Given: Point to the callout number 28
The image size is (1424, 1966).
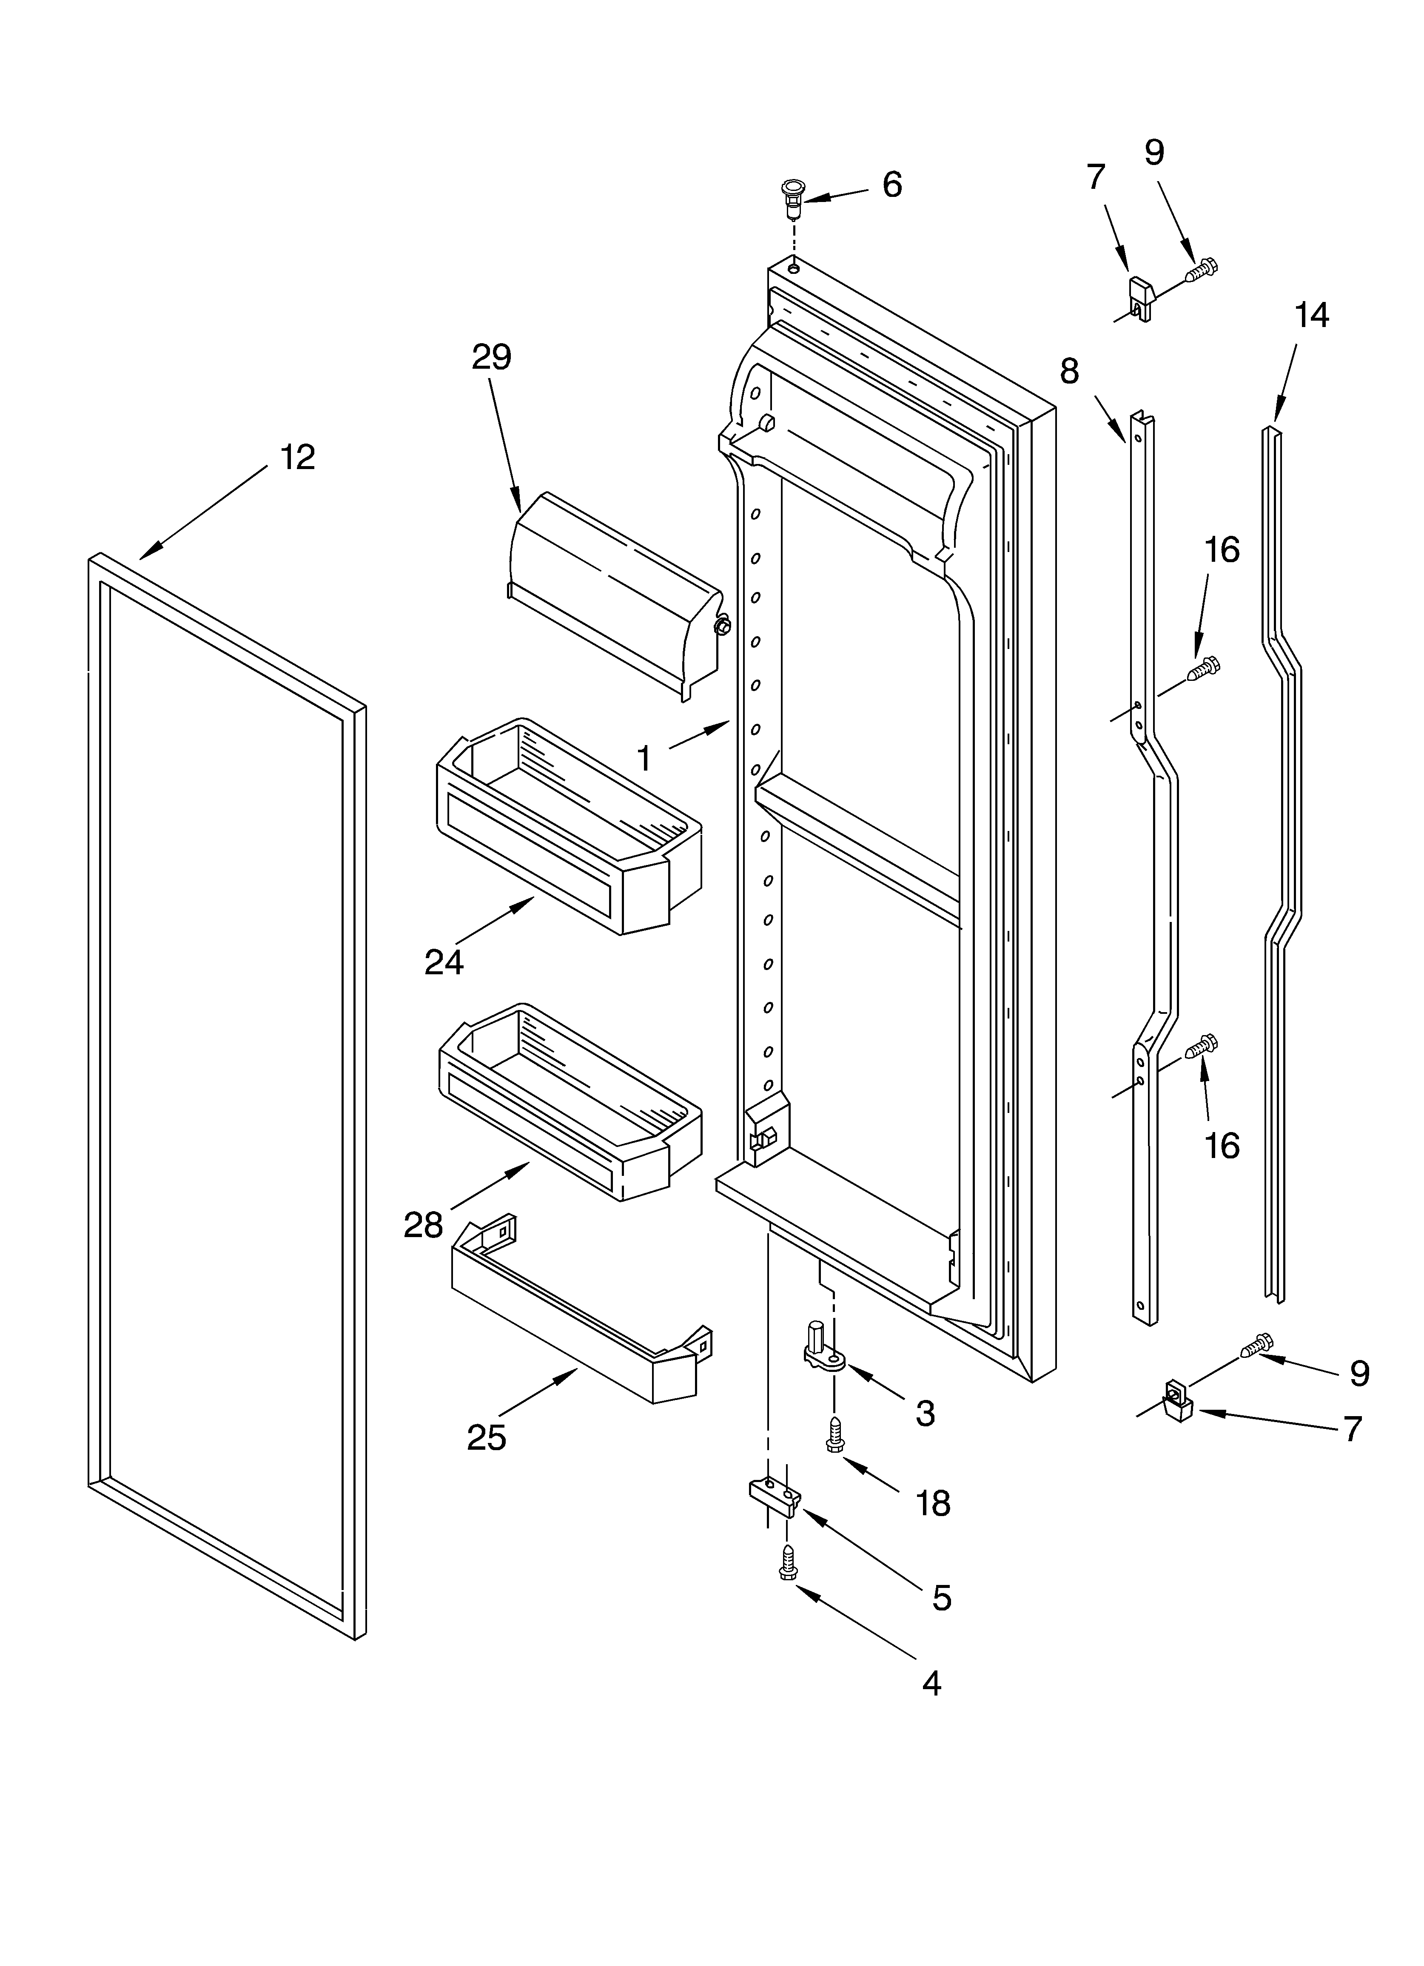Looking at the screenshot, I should click(x=423, y=1225).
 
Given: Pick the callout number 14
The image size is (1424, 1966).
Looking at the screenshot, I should click(x=1311, y=316).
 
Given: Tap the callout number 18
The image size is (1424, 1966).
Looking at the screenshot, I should click(x=932, y=1503).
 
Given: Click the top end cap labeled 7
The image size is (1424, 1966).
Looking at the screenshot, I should click(x=1140, y=296).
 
